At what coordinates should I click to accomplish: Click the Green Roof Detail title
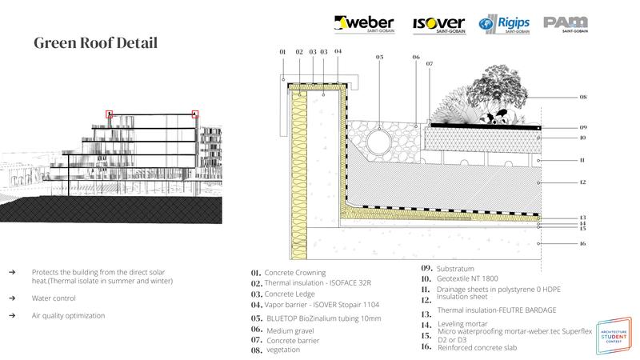[95, 42]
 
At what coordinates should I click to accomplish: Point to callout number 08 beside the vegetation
[583, 97]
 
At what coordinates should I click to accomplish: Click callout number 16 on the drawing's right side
[583, 243]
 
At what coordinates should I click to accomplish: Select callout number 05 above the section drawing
[379, 58]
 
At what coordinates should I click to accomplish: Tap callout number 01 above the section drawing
[282, 52]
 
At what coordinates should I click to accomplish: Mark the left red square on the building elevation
[110, 114]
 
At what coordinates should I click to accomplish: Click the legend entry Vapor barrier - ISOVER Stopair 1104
[320, 305]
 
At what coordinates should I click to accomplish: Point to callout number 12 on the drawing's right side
[583, 183]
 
